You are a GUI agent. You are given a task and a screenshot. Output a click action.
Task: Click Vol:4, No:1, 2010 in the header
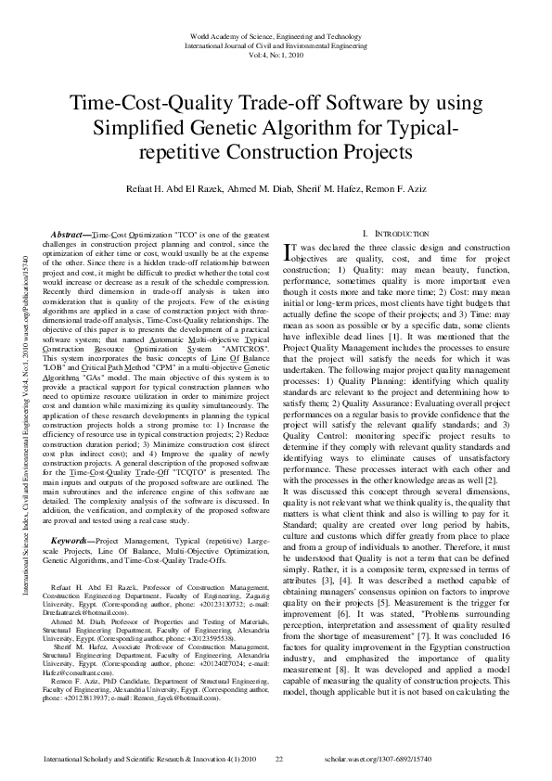click(276, 55)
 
